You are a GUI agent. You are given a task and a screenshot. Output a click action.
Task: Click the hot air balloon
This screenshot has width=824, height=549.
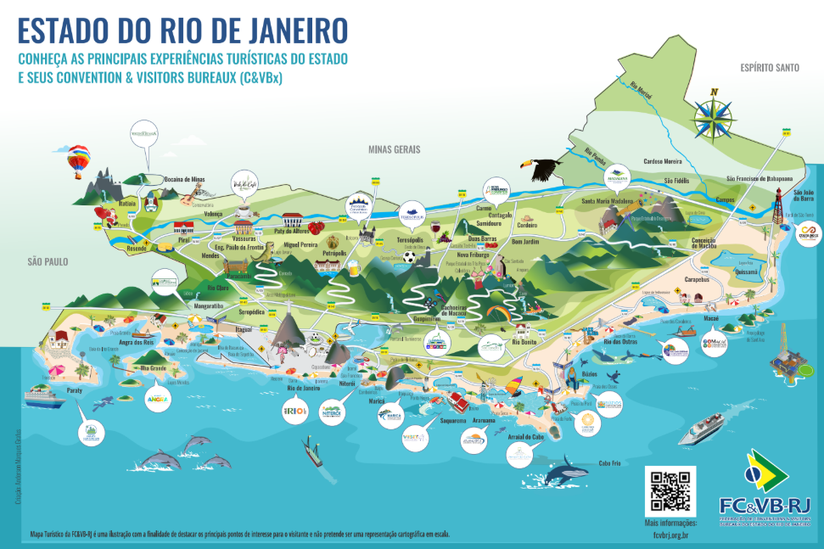[x=79, y=160]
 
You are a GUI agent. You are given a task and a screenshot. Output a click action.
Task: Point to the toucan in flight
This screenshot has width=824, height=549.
[x=547, y=169]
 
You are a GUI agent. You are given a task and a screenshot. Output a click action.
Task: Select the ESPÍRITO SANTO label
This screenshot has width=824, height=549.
[x=769, y=67]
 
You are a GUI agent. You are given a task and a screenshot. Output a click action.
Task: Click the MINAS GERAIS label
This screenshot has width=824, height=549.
[x=394, y=149]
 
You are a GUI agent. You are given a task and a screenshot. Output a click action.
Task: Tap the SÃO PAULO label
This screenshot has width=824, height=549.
[x=47, y=261]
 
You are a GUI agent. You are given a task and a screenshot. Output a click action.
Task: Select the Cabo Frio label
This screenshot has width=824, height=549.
[x=610, y=463]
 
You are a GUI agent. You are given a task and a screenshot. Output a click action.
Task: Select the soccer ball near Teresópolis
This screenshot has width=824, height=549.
[x=411, y=256]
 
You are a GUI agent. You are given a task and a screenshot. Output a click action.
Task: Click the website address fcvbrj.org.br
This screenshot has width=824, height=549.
[x=671, y=535]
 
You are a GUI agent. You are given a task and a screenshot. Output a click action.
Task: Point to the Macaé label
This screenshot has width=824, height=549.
[x=709, y=318]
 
